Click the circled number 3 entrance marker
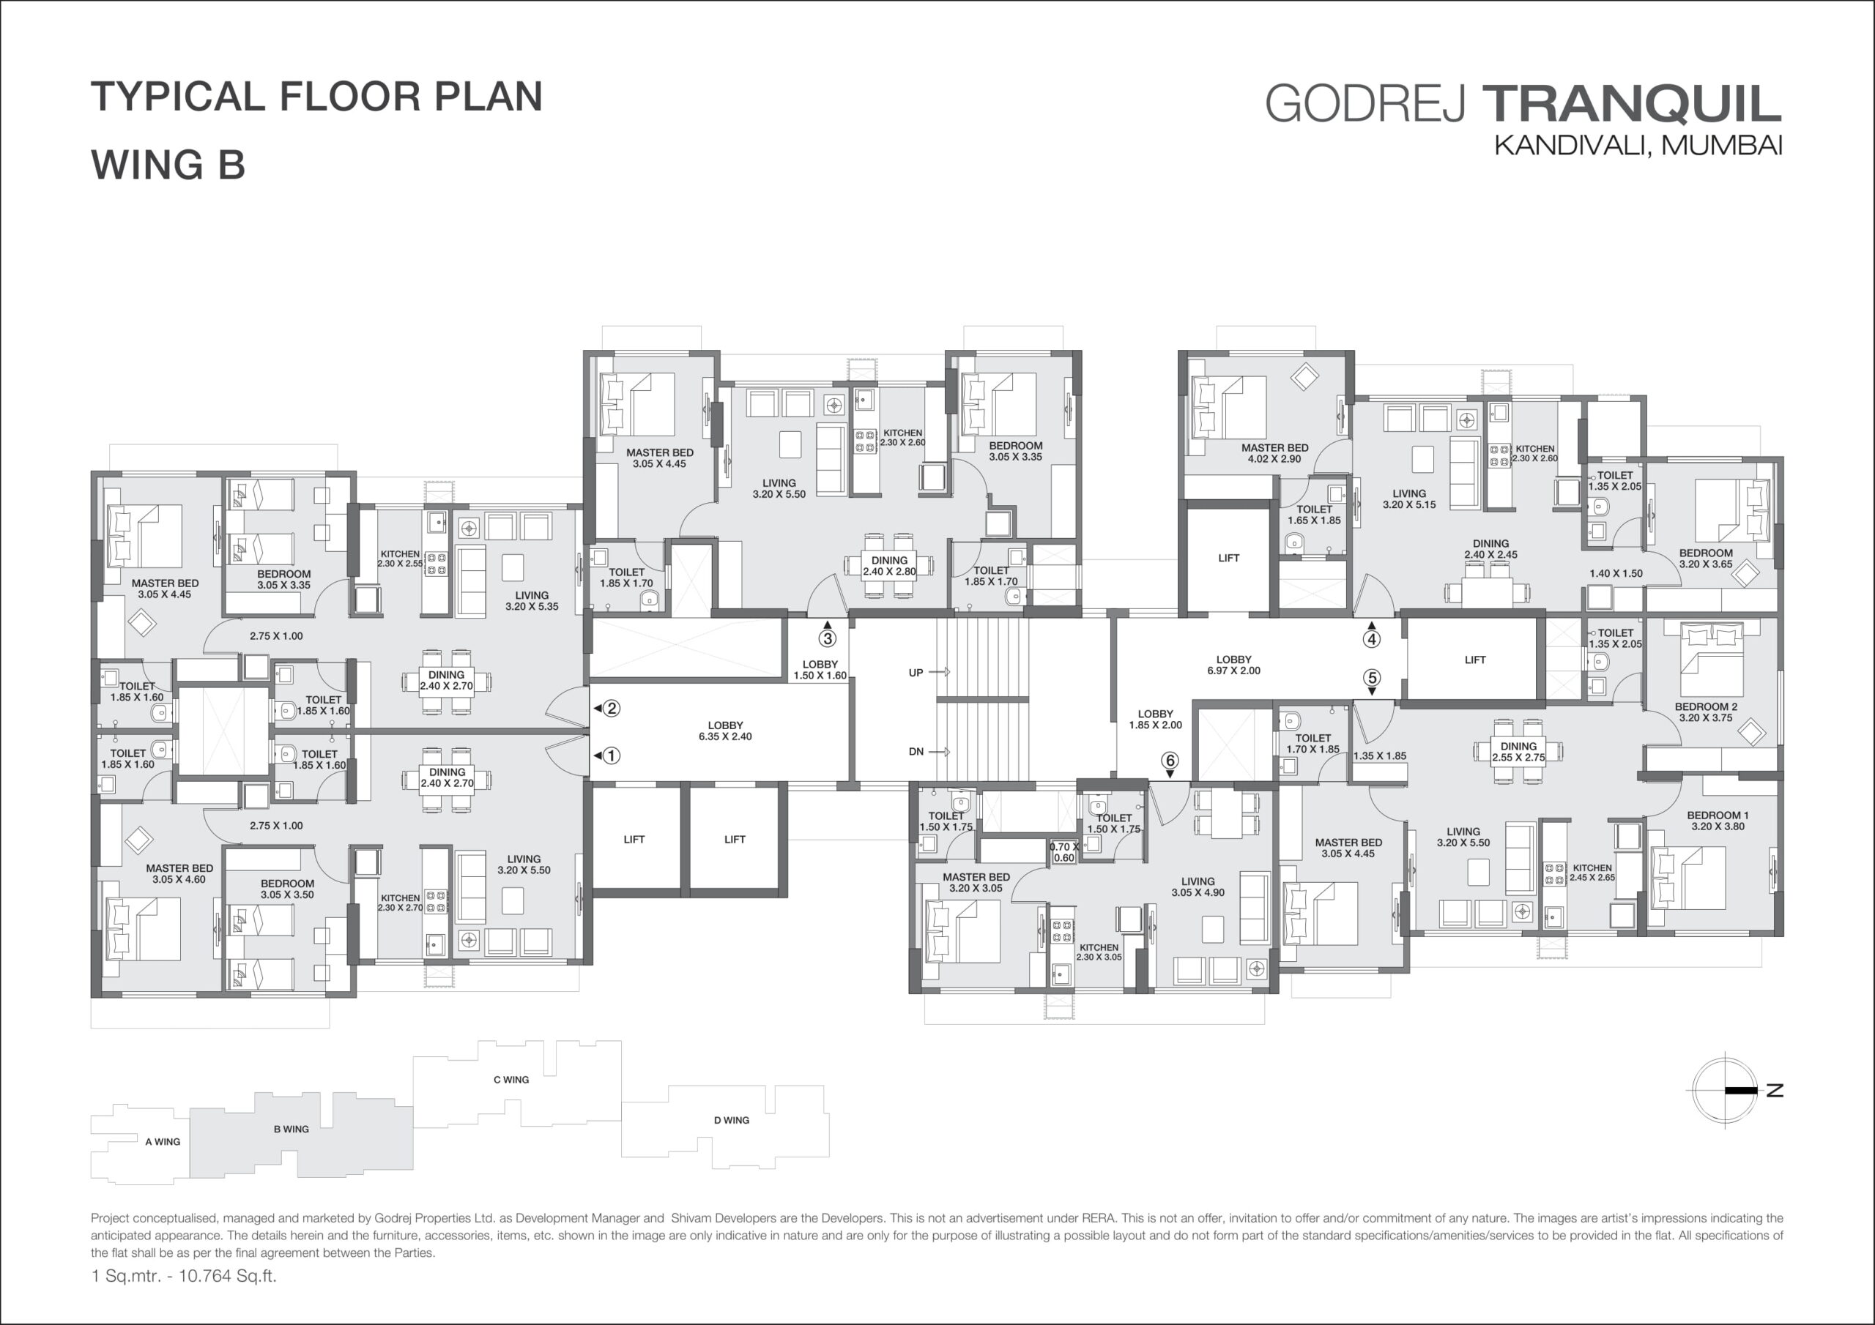[x=827, y=638]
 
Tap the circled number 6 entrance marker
[x=1170, y=760]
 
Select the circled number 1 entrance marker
[x=611, y=755]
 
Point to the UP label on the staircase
[x=916, y=673]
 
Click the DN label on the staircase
[x=916, y=751]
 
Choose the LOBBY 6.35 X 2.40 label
[x=725, y=731]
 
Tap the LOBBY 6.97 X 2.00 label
[x=1233, y=665]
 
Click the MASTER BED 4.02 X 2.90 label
[x=1274, y=453]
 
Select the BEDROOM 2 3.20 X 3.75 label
[x=1706, y=712]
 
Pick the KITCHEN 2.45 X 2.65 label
[x=1592, y=873]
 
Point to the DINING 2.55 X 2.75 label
[x=1518, y=752]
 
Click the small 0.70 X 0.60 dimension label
[x=1064, y=852]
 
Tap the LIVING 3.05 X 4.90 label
[x=1198, y=887]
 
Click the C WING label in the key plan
[x=511, y=1079]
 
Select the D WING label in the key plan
[x=731, y=1120]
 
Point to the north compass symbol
[x=1726, y=1090]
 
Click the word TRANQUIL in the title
[x=1633, y=104]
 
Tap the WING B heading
[x=168, y=164]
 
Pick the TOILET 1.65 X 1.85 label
[x=1314, y=515]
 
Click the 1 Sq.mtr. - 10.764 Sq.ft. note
[x=184, y=1276]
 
